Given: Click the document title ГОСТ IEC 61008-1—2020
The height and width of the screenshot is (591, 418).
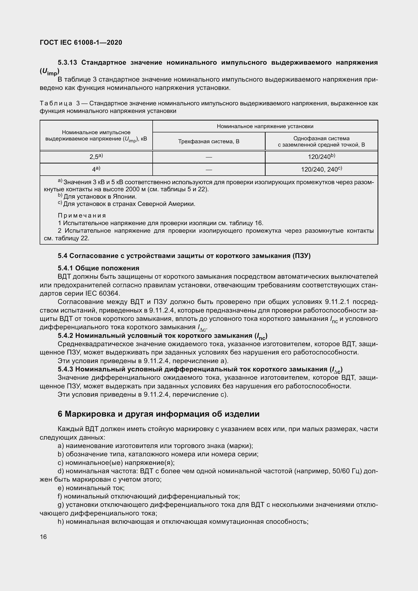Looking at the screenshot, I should [81, 42].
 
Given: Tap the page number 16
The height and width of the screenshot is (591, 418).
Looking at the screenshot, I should [43, 536].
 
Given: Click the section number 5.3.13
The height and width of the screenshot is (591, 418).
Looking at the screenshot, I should [67, 63].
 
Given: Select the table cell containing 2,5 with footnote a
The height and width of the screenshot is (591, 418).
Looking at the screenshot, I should [96, 156].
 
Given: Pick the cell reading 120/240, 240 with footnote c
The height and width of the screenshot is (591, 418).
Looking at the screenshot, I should [321, 169].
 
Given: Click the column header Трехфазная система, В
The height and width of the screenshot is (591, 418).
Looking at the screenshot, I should [209, 141].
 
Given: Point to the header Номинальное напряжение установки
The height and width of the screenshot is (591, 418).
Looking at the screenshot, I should [265, 126].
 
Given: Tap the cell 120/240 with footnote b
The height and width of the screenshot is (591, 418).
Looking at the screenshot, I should [321, 156].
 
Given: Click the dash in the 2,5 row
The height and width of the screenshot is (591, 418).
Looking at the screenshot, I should [209, 157].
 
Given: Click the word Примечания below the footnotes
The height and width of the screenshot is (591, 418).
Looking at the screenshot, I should [82, 216].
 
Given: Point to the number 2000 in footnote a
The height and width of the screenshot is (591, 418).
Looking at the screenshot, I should [133, 189].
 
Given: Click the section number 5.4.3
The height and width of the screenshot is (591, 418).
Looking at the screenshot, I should [65, 369].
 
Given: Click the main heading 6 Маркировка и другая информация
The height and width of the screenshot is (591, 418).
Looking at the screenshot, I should [158, 414].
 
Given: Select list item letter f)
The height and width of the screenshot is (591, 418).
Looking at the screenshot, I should [60, 496].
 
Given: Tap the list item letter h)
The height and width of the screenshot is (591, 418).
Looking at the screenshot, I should [61, 522].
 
